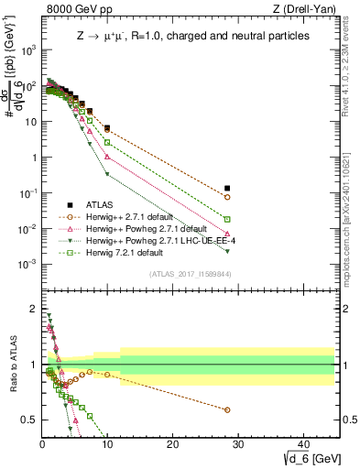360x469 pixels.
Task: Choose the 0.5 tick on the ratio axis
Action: tap(29, 420)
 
